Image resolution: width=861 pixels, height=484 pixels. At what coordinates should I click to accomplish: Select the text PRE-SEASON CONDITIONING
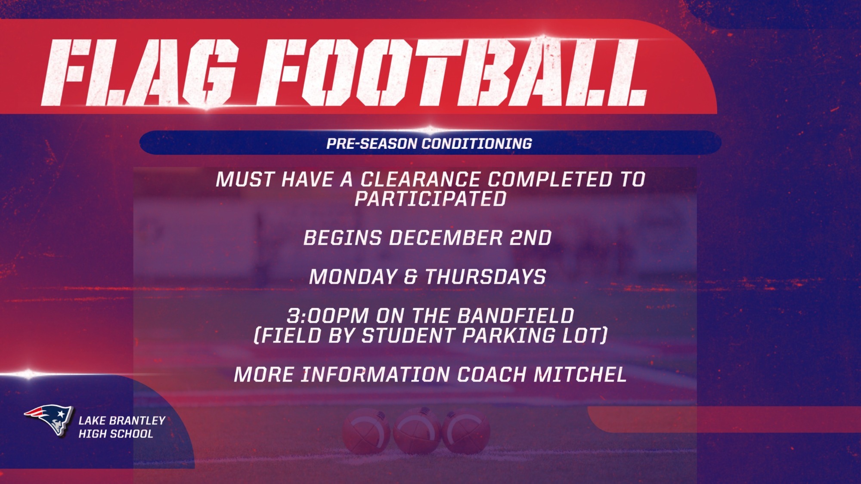pyautogui.click(x=429, y=143)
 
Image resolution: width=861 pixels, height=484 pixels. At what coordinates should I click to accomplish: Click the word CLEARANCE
pyautogui.click(x=420, y=179)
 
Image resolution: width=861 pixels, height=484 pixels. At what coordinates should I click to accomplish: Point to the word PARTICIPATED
pyautogui.click(x=430, y=199)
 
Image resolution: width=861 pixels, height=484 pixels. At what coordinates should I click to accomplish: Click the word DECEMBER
pyautogui.click(x=446, y=238)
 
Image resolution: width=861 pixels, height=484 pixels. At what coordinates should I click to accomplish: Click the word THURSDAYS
pyautogui.click(x=486, y=277)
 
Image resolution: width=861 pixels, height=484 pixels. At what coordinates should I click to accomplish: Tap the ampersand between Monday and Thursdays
pyautogui.click(x=411, y=277)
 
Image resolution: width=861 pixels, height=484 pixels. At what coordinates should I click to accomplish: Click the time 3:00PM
pyautogui.click(x=328, y=316)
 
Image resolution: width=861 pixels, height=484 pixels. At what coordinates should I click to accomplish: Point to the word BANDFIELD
pyautogui.click(x=515, y=316)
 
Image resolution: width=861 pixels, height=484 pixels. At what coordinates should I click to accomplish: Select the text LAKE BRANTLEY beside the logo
pyautogui.click(x=122, y=420)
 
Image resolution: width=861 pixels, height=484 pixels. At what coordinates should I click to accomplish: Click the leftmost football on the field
pyautogui.click(x=366, y=430)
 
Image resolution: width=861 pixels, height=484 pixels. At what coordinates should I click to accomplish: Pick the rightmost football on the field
pyautogui.click(x=466, y=430)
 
